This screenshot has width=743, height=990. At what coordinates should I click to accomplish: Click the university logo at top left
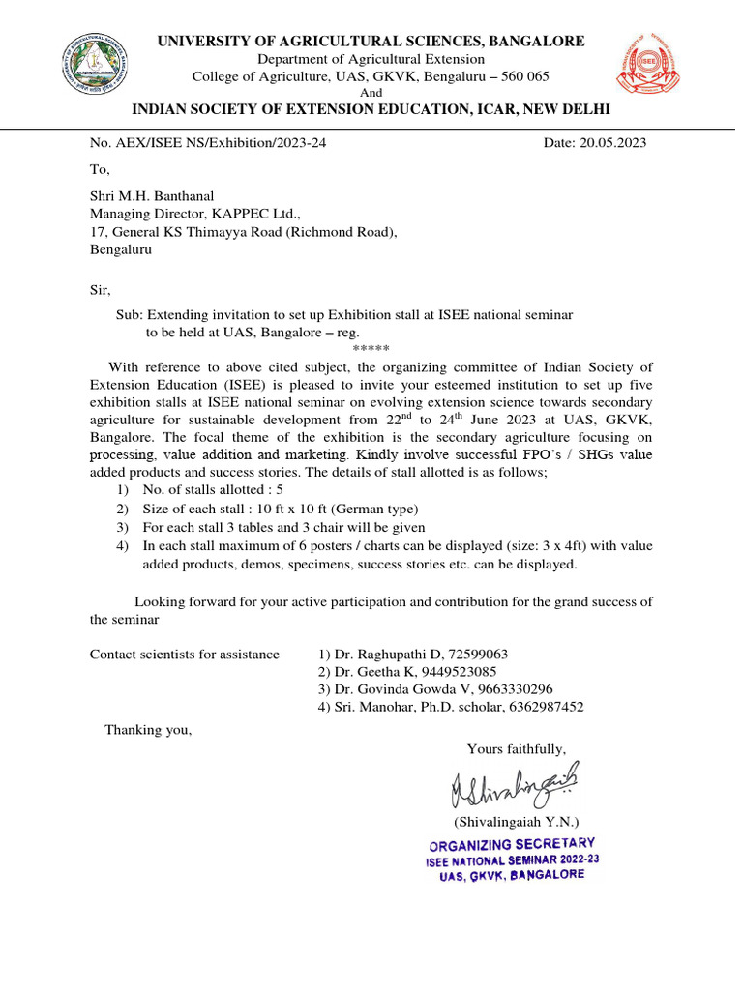pyautogui.click(x=96, y=66)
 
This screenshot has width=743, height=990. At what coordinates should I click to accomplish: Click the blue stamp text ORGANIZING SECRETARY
pyautogui.click(x=512, y=844)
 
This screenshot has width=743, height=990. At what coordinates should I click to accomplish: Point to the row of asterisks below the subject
pyautogui.click(x=371, y=349)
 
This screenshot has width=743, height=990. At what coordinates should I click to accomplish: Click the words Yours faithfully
pyautogui.click(x=517, y=749)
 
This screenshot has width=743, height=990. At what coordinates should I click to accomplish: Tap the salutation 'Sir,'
pyautogui.click(x=101, y=290)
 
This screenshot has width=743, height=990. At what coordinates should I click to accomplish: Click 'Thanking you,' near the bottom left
pyautogui.click(x=148, y=730)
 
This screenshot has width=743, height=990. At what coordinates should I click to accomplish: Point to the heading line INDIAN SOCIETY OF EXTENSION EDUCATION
pyautogui.click(x=371, y=107)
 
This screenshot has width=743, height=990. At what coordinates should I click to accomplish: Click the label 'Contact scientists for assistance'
pyautogui.click(x=185, y=655)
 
